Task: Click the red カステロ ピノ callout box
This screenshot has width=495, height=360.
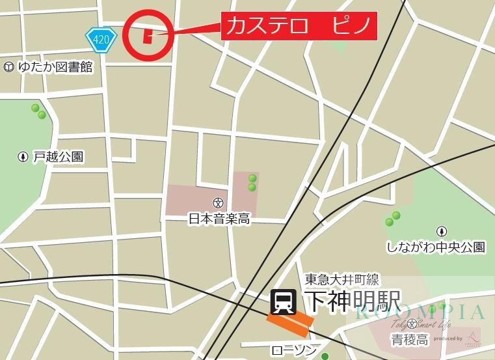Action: pos(299,27)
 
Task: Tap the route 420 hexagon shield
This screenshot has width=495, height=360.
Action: pos(101,39)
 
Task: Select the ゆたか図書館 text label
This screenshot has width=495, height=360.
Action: pos(55,66)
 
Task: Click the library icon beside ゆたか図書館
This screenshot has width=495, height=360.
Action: pos(8,66)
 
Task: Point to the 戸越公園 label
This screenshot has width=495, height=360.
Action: pos(59,157)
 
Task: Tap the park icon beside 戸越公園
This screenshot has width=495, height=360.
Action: pos(23,157)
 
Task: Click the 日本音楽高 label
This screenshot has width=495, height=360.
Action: pos(219,219)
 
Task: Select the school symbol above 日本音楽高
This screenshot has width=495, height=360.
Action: pos(219,202)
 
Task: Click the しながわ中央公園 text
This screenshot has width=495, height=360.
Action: pos(436,247)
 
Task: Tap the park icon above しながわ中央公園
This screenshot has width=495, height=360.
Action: pos(442,230)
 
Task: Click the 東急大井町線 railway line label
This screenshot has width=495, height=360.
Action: pos(342,281)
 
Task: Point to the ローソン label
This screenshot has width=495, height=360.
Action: pos(293,351)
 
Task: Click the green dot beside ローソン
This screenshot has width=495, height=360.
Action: pos(325,355)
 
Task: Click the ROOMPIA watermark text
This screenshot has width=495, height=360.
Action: pos(420,312)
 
